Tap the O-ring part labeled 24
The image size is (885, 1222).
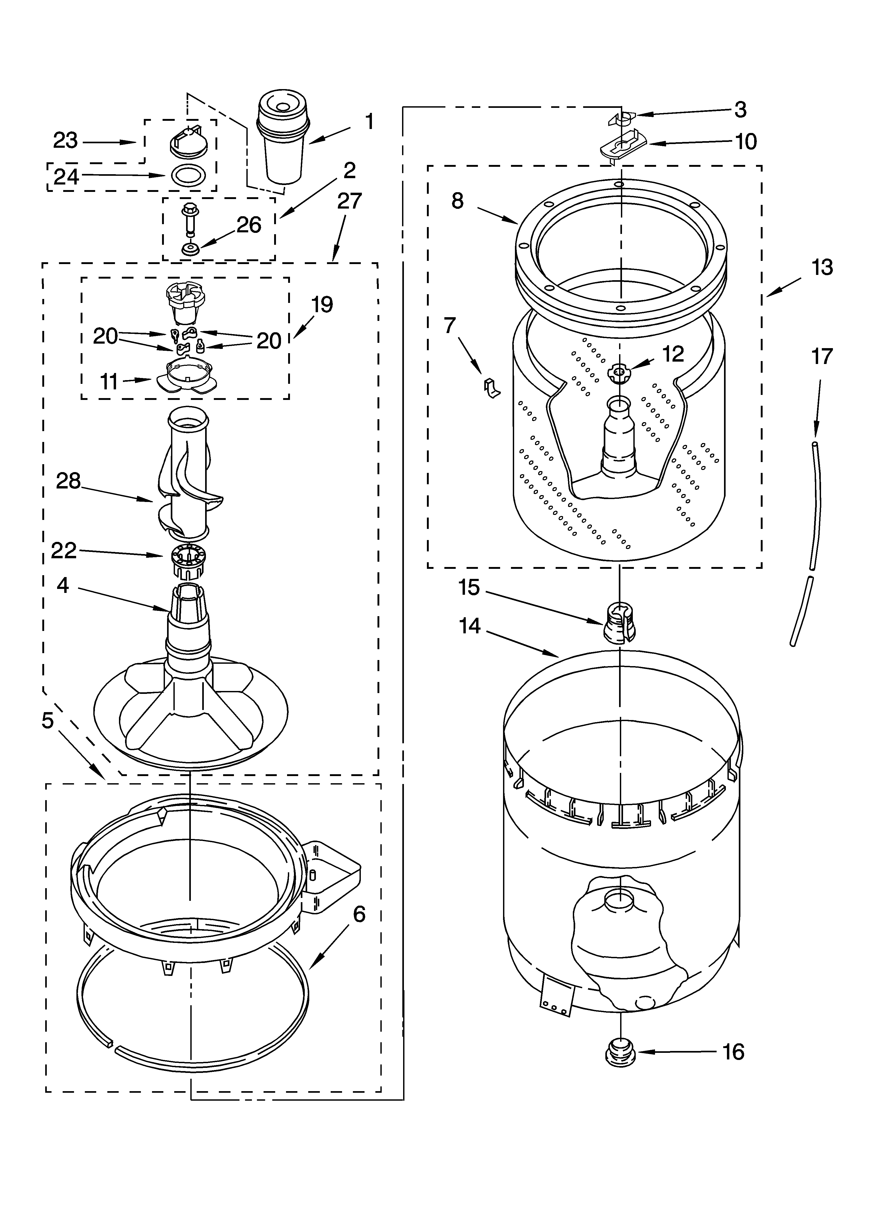point(187,175)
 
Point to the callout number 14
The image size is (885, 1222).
point(470,626)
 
